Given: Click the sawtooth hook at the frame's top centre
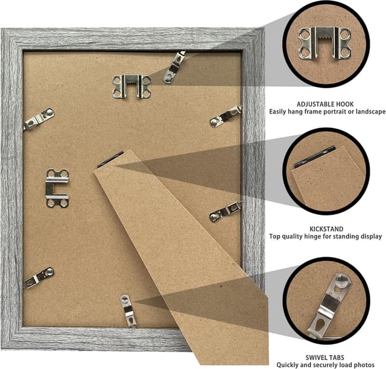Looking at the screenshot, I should coord(131,86).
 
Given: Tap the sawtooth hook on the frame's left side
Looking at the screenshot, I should coord(57,188).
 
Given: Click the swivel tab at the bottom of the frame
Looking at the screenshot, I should coord(128,309).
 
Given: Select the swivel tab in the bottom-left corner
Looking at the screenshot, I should coord(39,277).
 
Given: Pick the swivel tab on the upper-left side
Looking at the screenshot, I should coord(39,118).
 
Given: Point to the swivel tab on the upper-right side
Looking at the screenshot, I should coord(226,116).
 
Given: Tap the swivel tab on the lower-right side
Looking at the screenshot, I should coord(226,211).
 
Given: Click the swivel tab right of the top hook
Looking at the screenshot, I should coord(174,67).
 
